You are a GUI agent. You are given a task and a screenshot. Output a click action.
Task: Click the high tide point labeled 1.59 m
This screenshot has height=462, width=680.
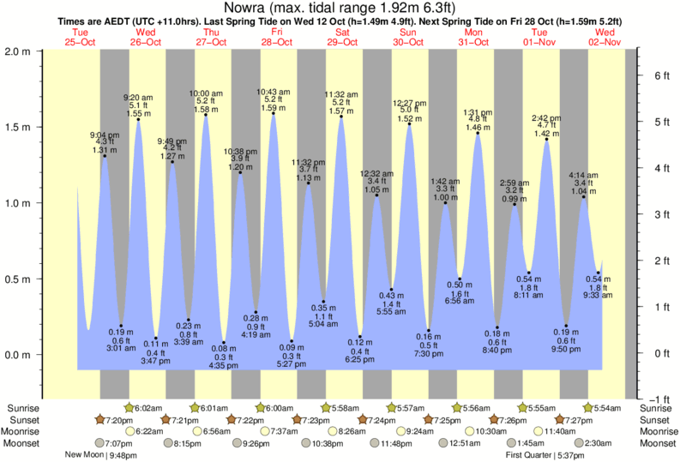(274, 115)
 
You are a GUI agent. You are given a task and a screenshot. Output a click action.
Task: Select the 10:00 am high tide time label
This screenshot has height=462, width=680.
(206, 93)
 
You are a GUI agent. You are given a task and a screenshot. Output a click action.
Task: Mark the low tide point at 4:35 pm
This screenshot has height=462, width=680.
(224, 342)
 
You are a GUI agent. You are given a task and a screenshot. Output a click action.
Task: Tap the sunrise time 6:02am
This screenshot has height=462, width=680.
(147, 408)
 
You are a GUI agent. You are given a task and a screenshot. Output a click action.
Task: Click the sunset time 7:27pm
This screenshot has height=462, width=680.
(578, 420)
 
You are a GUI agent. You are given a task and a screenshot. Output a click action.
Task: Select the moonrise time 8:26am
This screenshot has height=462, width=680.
(352, 431)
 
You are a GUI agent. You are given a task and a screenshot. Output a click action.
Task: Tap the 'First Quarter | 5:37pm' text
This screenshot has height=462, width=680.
(544, 455)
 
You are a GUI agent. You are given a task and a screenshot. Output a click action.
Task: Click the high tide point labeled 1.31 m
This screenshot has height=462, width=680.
(104, 155)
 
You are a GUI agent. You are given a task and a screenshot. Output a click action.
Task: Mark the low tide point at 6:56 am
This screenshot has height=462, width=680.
(460, 279)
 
